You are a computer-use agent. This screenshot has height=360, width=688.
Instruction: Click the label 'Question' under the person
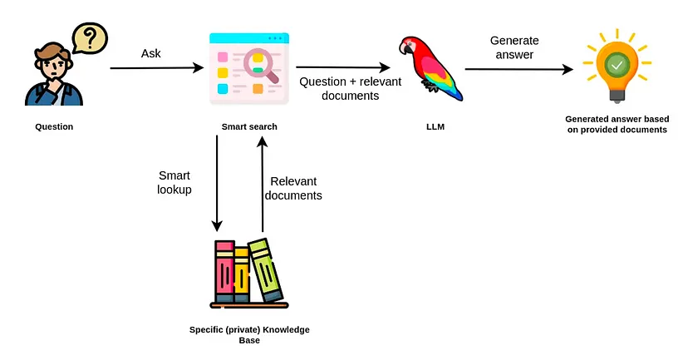(54, 127)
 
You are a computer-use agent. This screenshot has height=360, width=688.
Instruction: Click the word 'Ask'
(151, 53)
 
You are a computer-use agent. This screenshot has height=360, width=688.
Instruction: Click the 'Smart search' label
(249, 127)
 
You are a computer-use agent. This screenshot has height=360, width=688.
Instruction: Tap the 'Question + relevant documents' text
(338, 89)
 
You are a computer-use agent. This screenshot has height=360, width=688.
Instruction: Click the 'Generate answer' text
(514, 47)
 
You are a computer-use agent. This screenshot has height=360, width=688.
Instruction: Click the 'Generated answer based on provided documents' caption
(616, 124)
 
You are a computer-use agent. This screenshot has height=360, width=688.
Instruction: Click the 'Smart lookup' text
(174, 183)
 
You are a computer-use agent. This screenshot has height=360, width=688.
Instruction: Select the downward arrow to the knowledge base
(217, 183)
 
